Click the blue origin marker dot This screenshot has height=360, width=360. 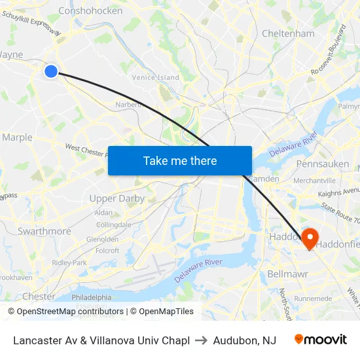51,71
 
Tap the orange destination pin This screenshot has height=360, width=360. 307,238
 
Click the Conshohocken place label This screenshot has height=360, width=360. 90,10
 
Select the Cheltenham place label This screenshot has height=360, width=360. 288,33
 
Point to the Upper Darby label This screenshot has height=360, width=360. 117,198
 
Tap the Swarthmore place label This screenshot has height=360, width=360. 45,231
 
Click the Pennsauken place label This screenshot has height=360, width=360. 322,164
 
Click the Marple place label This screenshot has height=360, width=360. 17,137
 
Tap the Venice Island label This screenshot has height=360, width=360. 155,77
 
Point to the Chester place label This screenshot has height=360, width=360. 39,297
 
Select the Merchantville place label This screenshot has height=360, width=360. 314,181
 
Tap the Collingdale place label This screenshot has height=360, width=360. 114,225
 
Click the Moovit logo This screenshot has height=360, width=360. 321,340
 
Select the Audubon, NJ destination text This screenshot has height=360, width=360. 245,340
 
